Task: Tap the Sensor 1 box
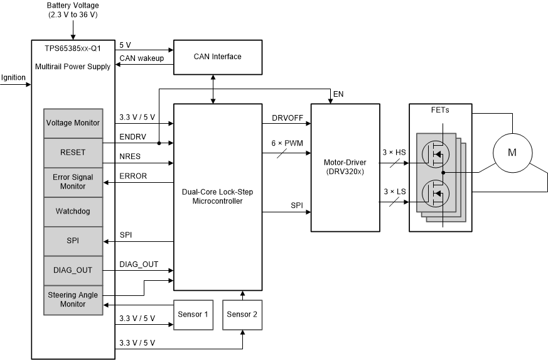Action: (x=194, y=314)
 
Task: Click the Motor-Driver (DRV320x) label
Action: (x=345, y=166)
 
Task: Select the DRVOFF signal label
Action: (x=287, y=118)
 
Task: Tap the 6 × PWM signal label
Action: (x=287, y=144)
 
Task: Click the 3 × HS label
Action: (x=394, y=153)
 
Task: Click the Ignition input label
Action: (x=13, y=78)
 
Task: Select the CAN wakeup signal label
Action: (x=141, y=58)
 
